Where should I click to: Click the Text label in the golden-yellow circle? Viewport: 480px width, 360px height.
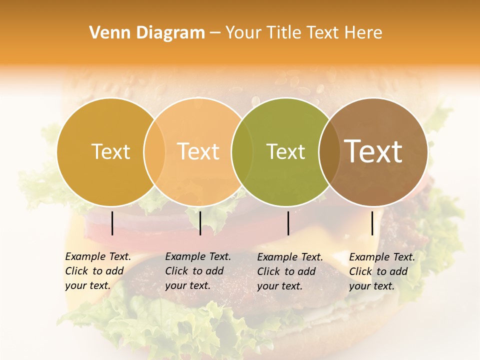coord(110,151)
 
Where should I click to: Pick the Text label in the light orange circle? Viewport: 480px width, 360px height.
coord(198,151)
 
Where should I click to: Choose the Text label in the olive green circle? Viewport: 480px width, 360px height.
coord(285,151)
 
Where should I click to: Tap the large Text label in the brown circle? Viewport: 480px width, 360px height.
coord(373,151)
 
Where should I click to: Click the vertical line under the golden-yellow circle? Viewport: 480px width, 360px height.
coord(112,223)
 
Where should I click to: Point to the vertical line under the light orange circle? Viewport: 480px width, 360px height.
coord(200,223)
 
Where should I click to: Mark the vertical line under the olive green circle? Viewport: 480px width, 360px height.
coord(288,223)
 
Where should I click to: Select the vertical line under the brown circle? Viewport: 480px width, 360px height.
coord(372,223)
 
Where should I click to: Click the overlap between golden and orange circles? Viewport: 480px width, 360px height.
coord(154,151)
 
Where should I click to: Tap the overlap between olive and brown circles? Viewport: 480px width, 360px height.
coord(329,151)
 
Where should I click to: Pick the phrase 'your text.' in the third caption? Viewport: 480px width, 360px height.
coord(280,286)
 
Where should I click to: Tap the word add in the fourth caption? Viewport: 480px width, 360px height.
coord(399,271)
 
